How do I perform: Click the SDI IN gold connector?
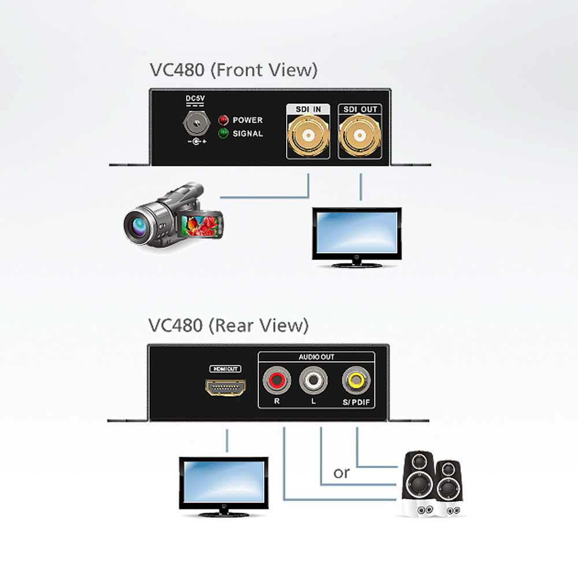click(x=308, y=136)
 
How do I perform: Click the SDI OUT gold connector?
click(x=360, y=136)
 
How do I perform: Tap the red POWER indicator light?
click(x=223, y=120)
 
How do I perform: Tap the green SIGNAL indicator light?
click(x=223, y=134)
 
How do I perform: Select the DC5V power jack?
click(x=197, y=123)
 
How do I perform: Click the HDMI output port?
click(x=225, y=387)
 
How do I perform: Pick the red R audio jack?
click(x=276, y=380)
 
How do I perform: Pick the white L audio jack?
click(x=313, y=380)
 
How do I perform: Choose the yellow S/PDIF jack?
click(x=355, y=380)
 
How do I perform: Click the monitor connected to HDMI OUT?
click(x=224, y=487)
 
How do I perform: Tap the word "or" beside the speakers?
click(x=342, y=473)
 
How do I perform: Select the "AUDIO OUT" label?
click(x=316, y=357)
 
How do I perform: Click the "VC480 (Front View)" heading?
click(x=234, y=70)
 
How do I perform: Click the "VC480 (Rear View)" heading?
click(x=228, y=325)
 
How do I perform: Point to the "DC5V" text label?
click(x=195, y=98)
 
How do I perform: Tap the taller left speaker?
click(x=418, y=483)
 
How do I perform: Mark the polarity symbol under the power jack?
click(x=197, y=141)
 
